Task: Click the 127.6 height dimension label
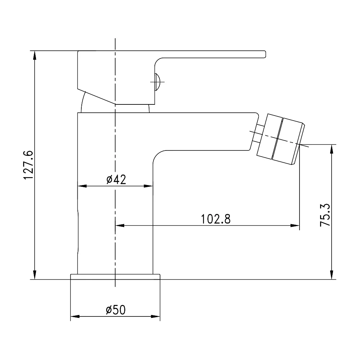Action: tap(29, 165)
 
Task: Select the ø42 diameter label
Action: tap(116, 180)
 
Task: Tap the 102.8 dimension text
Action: tap(216, 219)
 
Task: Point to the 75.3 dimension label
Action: tap(325, 215)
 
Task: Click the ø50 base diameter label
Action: tap(116, 310)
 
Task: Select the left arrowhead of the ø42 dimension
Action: tap(82, 186)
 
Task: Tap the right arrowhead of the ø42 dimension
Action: tap(148, 186)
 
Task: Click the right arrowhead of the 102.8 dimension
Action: tap(295, 225)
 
